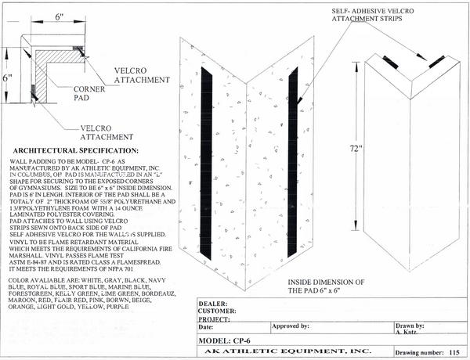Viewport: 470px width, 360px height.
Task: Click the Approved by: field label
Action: (290, 325)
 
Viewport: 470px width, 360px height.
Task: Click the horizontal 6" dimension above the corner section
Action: (37, 16)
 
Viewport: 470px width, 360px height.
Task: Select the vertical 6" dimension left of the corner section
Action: (7, 77)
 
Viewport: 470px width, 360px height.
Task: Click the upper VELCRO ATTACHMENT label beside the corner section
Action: (141, 74)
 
